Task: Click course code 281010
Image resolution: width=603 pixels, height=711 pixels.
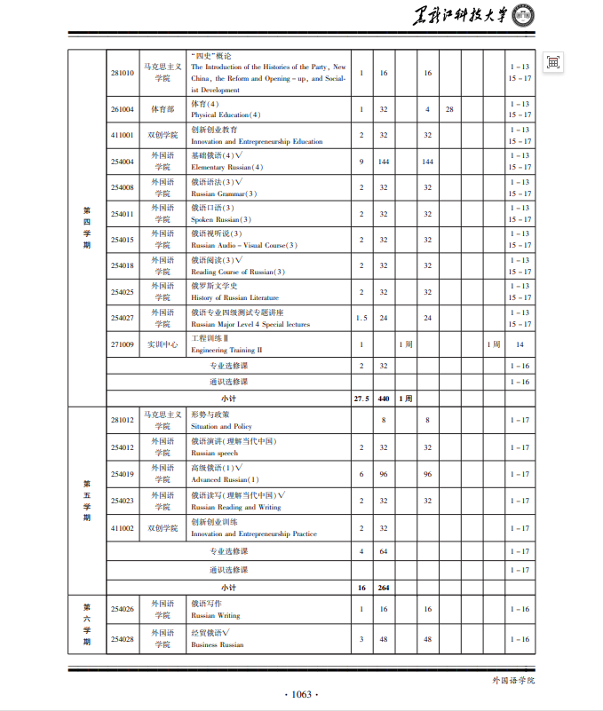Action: (123, 73)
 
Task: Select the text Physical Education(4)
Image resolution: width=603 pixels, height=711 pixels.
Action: (226, 115)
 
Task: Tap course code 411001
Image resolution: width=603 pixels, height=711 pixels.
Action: (123, 135)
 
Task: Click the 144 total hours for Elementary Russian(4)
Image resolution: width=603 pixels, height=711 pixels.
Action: (384, 162)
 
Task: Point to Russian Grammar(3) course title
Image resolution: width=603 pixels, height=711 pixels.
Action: (224, 194)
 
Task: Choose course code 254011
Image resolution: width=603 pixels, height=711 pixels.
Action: (123, 214)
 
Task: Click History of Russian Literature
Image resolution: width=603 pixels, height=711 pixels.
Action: (234, 298)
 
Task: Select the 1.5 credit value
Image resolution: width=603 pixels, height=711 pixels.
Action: (361, 318)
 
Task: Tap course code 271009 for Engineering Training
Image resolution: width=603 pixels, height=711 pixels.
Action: (123, 344)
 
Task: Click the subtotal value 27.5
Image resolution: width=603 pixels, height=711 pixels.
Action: (361, 399)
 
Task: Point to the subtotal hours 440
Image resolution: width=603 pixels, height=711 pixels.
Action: (384, 399)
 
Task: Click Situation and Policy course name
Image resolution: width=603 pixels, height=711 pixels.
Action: (221, 427)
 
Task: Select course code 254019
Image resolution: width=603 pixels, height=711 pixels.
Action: (123, 474)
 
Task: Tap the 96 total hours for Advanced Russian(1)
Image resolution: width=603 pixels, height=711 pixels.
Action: (384, 474)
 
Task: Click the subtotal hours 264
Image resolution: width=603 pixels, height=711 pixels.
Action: (384, 588)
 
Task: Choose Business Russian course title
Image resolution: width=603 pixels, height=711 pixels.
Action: (217, 645)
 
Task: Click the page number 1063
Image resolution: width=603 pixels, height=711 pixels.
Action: (301, 694)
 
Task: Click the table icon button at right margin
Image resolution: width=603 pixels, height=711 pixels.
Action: (553, 62)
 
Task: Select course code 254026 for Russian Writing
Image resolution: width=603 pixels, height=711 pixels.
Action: (123, 609)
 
